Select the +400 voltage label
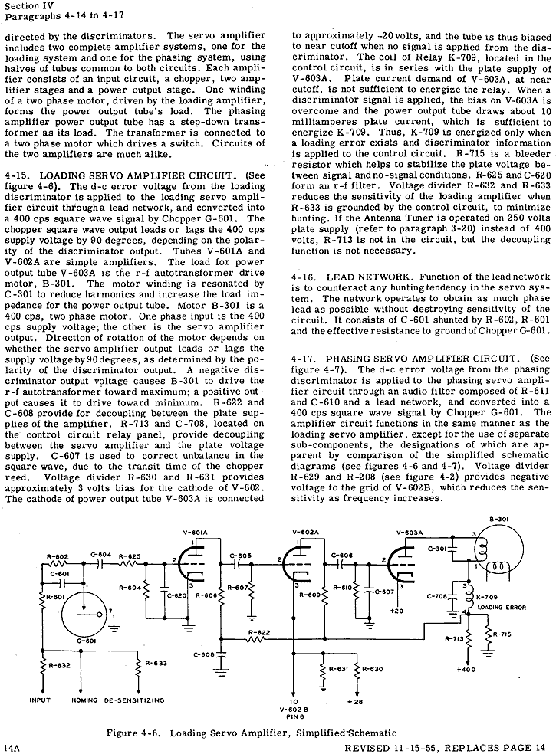(x=466, y=669)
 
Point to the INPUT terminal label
(x=40, y=700)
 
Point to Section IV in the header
(x=26, y=8)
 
